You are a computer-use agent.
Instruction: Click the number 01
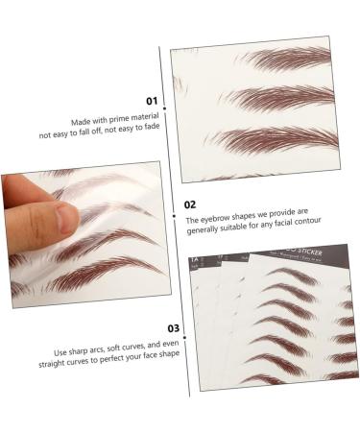151,100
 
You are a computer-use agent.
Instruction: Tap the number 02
190,204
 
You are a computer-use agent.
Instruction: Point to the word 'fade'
147,126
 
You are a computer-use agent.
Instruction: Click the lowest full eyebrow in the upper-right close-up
278,139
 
